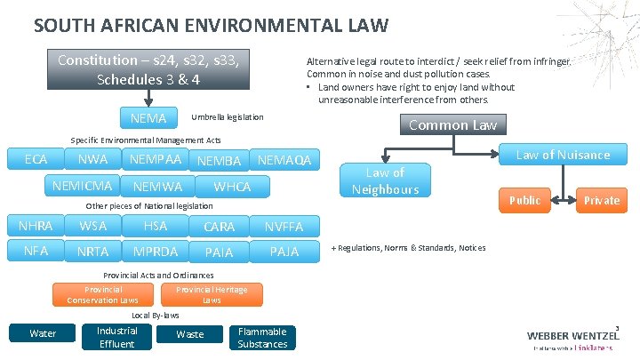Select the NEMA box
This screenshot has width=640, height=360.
(x=148, y=117)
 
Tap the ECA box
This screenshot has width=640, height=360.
(x=36, y=160)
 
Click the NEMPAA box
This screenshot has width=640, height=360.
(x=155, y=160)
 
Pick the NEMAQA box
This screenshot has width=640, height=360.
(x=284, y=161)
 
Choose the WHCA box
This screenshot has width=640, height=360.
(x=232, y=187)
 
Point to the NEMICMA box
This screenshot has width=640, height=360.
(x=83, y=186)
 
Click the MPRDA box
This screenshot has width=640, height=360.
(x=155, y=252)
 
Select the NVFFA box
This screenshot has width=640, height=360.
(x=284, y=227)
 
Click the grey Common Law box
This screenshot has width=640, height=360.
(x=452, y=125)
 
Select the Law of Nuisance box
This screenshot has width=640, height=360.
(x=563, y=156)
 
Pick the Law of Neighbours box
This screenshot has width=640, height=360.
(x=385, y=180)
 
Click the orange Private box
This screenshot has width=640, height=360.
(x=601, y=200)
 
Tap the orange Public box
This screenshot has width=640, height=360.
(x=524, y=200)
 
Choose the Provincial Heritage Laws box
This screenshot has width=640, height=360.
(x=212, y=295)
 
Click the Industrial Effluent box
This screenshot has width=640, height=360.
(x=116, y=338)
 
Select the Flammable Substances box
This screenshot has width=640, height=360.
(x=262, y=338)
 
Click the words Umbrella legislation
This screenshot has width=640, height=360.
(x=228, y=117)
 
